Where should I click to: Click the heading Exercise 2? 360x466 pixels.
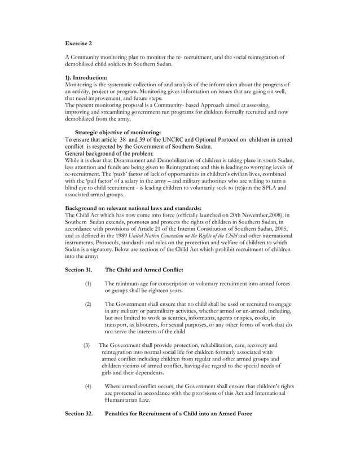click(x=78, y=43)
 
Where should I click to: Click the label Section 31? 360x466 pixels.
click(x=78, y=270)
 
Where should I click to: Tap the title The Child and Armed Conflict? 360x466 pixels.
click(x=143, y=270)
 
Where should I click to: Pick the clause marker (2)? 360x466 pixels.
click(x=88, y=304)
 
